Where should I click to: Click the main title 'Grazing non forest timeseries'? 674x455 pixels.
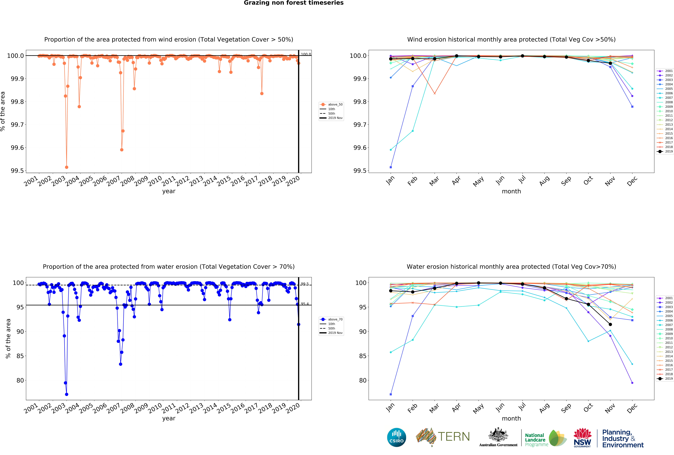coord(293,3)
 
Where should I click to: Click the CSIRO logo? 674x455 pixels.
coord(396,437)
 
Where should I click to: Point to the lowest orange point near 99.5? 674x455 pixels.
coord(67,167)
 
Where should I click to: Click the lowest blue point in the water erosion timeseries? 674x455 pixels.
coord(67,394)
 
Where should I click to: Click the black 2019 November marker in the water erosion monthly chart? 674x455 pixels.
coord(610,324)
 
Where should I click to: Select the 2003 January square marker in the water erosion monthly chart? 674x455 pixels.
coord(391,394)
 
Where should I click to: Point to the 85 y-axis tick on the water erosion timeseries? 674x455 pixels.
coord(20,356)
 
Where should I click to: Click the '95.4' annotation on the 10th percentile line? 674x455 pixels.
coord(305,304)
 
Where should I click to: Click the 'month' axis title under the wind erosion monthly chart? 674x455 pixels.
coord(511,191)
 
